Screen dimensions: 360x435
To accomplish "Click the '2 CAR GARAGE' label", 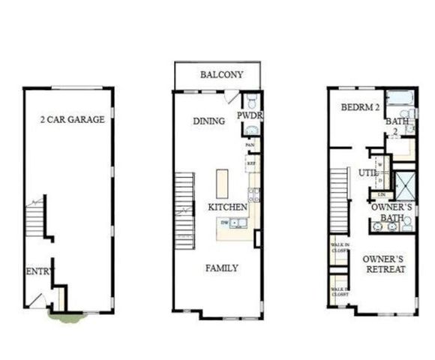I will (x=72, y=119).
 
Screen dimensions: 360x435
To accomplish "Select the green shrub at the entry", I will (x=66, y=317).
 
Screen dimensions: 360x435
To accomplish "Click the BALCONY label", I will (x=221, y=75).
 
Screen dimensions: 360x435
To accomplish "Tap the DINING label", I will (x=209, y=121).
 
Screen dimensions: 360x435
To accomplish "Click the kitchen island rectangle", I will (x=222, y=183).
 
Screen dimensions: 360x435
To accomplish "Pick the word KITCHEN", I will (x=228, y=205).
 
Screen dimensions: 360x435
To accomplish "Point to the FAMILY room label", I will (x=222, y=268).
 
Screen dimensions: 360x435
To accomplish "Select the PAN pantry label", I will (x=250, y=144).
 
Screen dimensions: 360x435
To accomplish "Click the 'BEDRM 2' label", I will (x=358, y=108).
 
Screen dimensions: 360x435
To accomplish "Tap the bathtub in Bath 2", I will (x=400, y=97).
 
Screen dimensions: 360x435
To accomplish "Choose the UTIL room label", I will (x=367, y=172).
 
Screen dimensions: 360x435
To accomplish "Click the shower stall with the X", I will (x=406, y=186).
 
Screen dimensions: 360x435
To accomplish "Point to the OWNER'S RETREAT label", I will (x=385, y=263).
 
